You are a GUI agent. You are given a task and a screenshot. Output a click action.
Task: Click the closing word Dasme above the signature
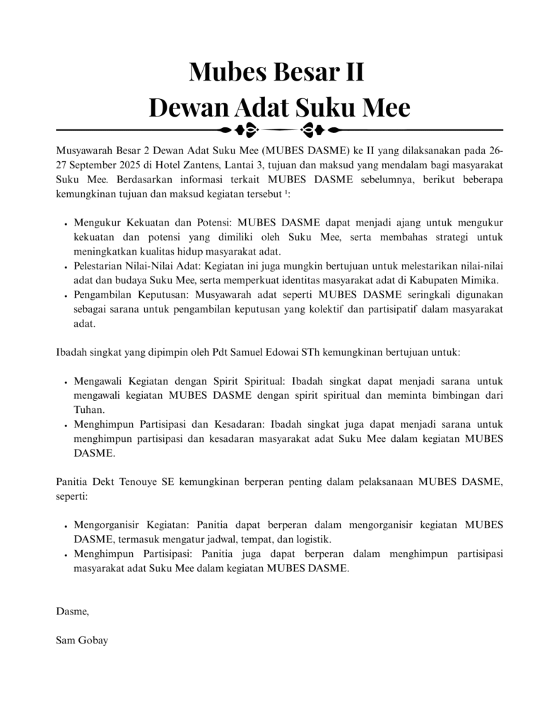71,611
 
